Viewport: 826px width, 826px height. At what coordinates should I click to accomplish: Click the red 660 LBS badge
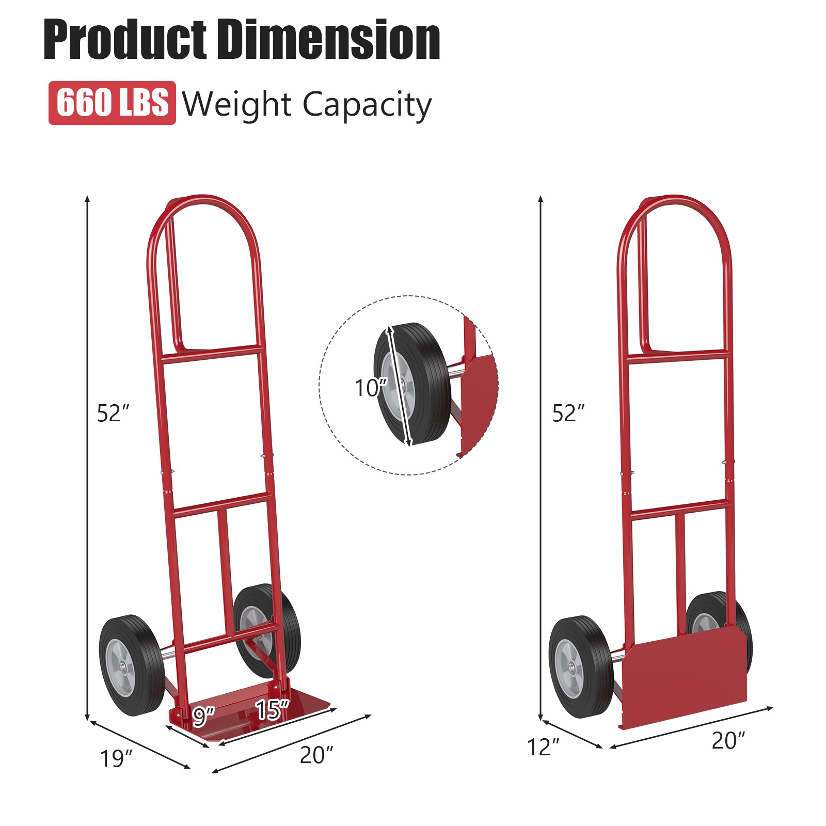click(112, 103)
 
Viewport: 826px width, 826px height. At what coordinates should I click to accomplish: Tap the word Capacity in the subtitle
click(367, 105)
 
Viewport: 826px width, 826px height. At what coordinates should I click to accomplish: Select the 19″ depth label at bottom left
click(116, 758)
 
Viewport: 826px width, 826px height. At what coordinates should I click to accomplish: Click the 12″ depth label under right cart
click(543, 747)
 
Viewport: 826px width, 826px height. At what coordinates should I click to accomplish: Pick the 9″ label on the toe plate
click(203, 716)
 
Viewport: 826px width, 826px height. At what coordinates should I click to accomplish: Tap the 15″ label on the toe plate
click(272, 710)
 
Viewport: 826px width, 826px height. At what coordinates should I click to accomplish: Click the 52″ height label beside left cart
click(113, 414)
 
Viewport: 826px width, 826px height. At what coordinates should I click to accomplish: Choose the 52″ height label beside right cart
click(568, 414)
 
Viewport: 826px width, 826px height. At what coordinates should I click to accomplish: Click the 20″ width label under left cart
click(316, 755)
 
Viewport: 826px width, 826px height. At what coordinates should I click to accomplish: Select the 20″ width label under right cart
click(728, 741)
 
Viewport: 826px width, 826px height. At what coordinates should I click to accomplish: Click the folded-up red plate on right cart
click(684, 676)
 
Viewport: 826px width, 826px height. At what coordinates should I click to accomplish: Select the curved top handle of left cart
click(204, 206)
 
